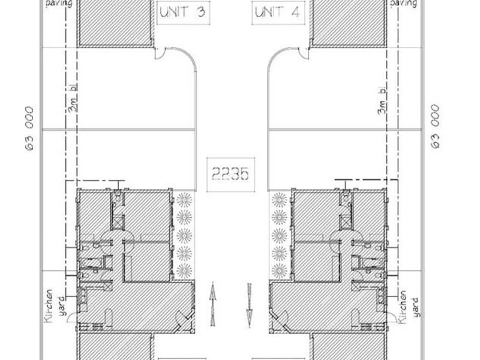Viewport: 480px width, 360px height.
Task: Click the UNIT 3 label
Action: [183, 12]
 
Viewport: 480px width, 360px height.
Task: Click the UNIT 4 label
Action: [278, 13]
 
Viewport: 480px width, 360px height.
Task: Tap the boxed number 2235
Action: [230, 175]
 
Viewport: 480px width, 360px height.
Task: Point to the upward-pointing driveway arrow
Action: [213, 304]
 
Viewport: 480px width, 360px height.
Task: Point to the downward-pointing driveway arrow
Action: [250, 305]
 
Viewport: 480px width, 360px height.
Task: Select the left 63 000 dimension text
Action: [29, 128]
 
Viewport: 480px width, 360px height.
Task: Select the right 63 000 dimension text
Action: [436, 127]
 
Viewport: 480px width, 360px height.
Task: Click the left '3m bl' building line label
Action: [73, 98]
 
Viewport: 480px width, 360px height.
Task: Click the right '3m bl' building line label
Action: [382, 100]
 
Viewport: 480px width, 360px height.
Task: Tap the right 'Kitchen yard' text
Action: [408, 307]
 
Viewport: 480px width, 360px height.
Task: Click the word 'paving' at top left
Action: [59, 4]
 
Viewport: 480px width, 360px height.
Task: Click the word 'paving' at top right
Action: [403, 4]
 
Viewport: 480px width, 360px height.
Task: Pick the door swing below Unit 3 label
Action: [160, 53]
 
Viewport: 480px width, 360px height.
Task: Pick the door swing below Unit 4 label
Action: [304, 53]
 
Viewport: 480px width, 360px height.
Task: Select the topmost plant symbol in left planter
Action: [184, 200]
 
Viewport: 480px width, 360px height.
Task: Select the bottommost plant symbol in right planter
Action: [279, 271]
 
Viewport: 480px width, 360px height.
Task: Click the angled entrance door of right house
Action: [278, 319]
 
